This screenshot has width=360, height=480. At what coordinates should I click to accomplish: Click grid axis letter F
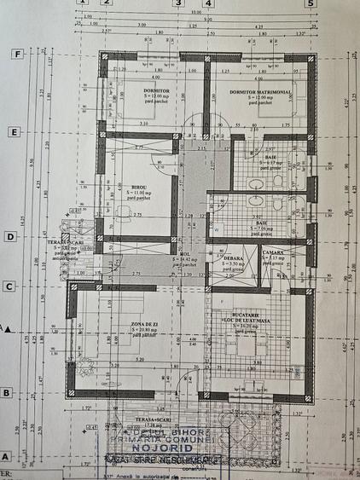pos(15,53)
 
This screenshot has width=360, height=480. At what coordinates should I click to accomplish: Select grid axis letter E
pos(14,132)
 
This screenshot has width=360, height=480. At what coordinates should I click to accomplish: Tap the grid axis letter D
pos(10,237)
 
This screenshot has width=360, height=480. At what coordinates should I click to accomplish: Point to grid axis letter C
pos(9,286)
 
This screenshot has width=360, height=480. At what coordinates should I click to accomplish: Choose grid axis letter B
pos(7,392)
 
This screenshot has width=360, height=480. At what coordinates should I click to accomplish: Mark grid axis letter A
pos(5,456)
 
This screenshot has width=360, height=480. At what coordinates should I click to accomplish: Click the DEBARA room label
pos(232,257)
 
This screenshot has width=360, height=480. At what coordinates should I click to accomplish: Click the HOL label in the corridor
pos(184,253)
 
